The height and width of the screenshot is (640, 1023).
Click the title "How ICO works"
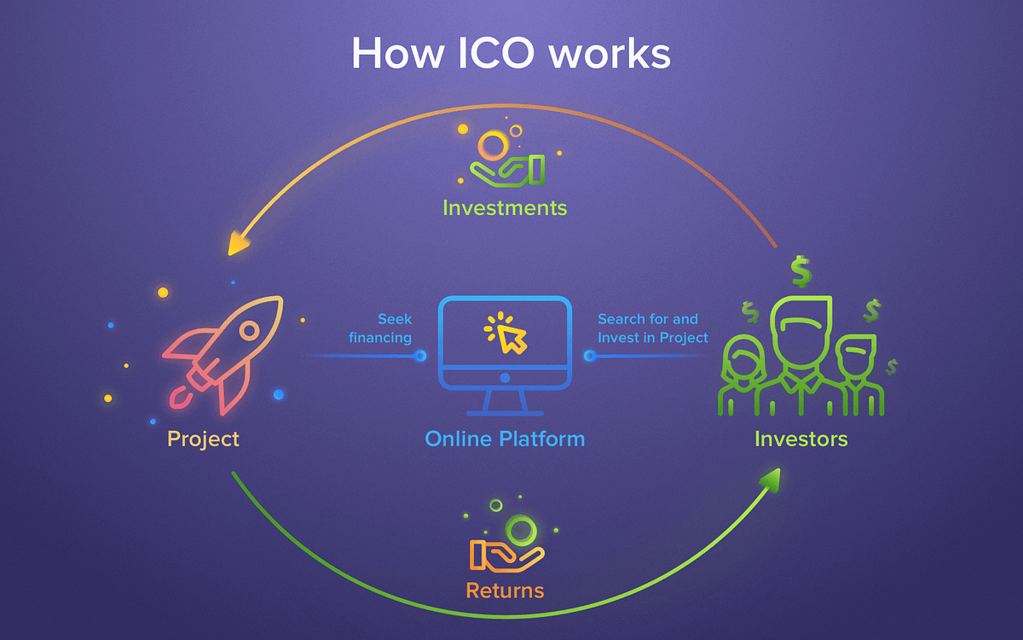pos(511,53)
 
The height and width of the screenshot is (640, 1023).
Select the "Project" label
pos(203,439)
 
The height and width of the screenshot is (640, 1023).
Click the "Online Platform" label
pos(505,439)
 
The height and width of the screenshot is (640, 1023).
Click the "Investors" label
pos(801,439)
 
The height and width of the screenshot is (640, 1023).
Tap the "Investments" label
pos(505,207)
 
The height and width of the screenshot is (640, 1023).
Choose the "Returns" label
pos(505,590)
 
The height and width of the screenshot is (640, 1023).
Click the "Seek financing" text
pos(380,329)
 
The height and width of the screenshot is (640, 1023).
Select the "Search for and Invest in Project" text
pos(653,329)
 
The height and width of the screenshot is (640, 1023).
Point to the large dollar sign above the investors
pos(800,271)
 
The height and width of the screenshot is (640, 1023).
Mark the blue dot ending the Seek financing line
pos(420,356)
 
